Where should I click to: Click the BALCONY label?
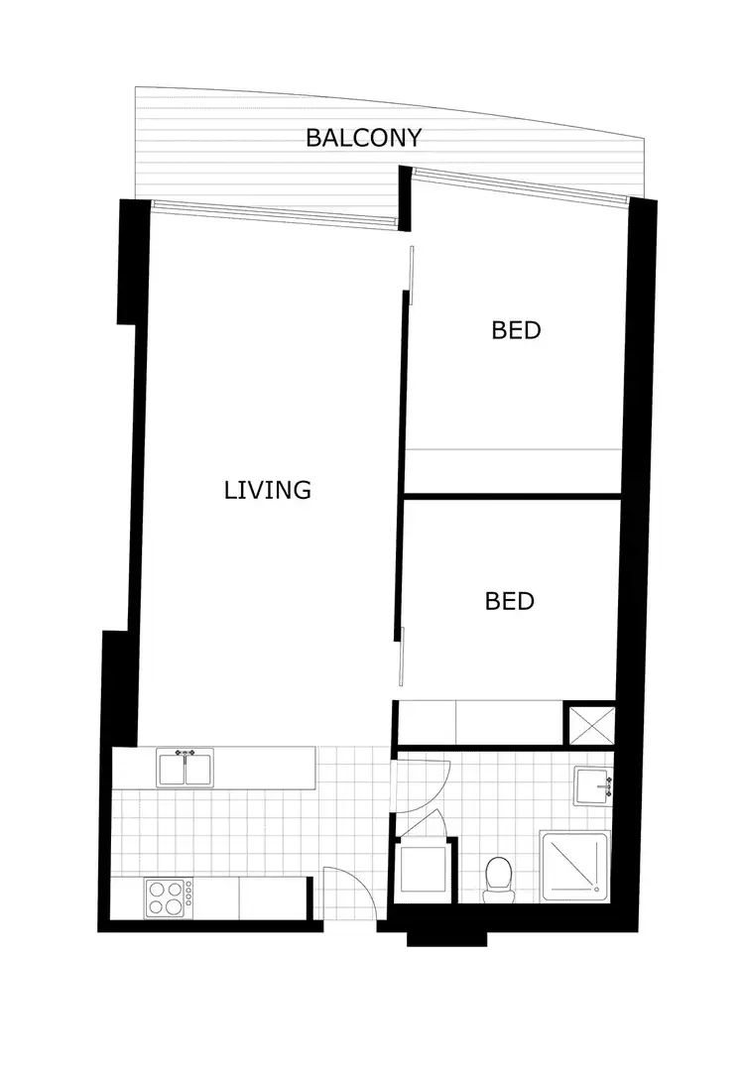(x=363, y=138)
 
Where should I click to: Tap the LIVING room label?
(x=268, y=490)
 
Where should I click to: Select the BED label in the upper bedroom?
(x=516, y=330)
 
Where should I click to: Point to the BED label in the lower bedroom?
(x=510, y=601)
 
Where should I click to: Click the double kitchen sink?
(x=185, y=770)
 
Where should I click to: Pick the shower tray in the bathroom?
(x=574, y=866)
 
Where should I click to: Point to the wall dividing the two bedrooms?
(x=512, y=495)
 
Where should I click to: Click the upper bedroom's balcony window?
(x=520, y=183)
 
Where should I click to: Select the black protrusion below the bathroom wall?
(x=446, y=936)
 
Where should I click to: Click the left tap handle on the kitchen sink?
(x=178, y=754)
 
